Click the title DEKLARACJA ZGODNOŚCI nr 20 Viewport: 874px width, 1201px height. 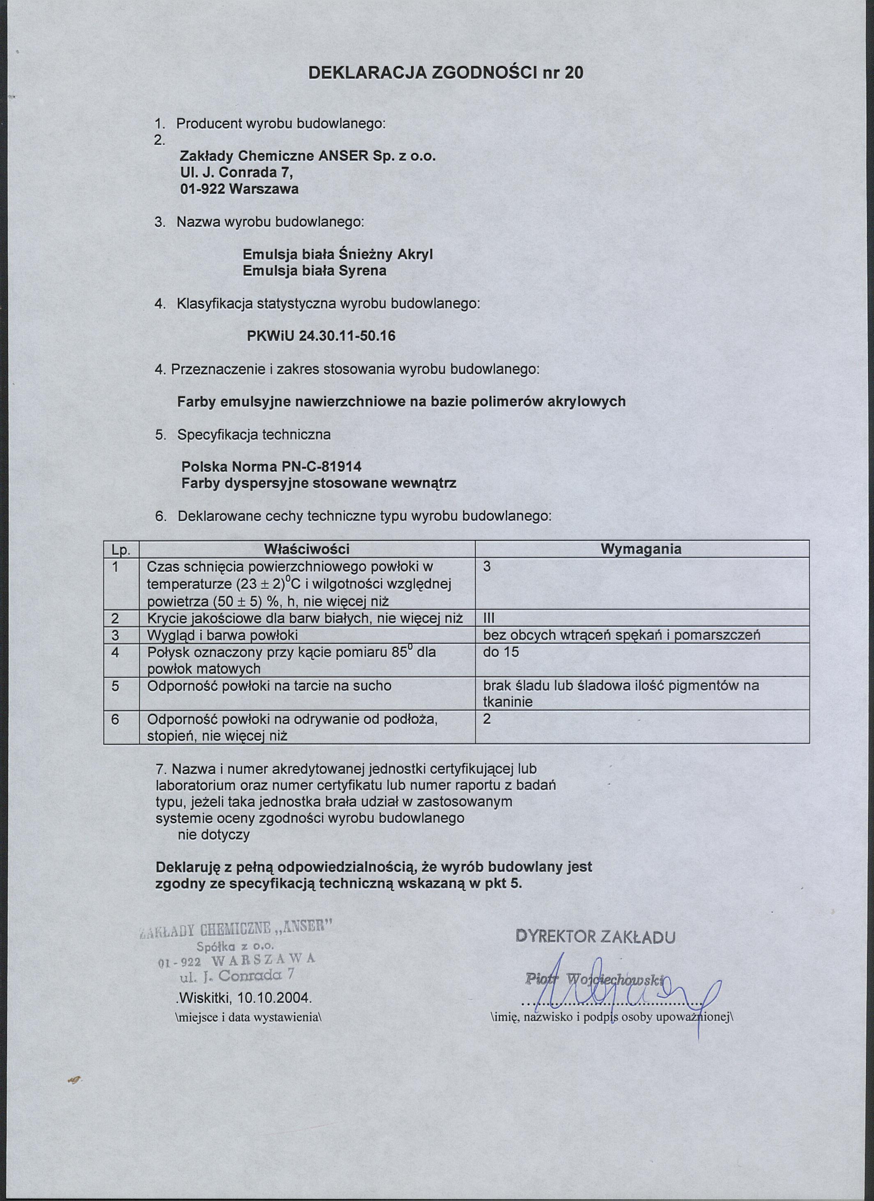[446, 73]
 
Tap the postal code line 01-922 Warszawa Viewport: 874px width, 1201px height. [239, 189]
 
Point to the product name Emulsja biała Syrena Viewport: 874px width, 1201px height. [314, 271]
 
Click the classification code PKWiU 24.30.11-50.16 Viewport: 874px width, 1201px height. [321, 336]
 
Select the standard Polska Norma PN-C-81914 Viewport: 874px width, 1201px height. [271, 467]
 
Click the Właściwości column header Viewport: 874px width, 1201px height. [307, 549]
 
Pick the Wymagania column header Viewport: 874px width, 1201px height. [641, 549]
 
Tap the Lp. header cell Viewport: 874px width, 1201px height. [121, 550]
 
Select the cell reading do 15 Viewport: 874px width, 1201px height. [501, 652]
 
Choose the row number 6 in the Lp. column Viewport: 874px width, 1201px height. [115, 720]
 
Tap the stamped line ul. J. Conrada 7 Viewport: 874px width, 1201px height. [237, 975]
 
